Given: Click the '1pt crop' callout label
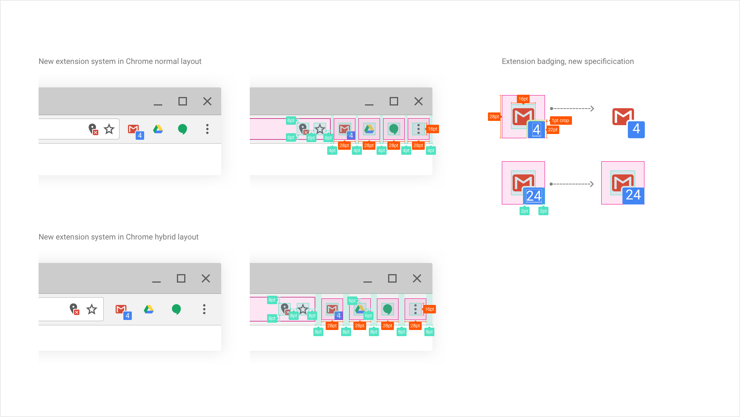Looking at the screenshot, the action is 560,121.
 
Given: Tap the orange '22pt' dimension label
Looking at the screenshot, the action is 553,130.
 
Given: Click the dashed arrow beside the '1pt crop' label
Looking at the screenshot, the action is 572,109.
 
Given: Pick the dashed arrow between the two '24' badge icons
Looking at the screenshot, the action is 572,184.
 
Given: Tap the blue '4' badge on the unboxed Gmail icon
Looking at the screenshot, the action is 636,129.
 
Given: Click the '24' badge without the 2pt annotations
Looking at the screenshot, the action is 633,195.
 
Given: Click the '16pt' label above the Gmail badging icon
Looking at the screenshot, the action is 523,99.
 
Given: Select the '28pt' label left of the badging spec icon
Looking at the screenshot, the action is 494,117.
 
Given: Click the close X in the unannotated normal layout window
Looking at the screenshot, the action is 207,101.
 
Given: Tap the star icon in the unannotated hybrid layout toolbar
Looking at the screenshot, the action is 92,309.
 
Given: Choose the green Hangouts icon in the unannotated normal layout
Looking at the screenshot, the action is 182,129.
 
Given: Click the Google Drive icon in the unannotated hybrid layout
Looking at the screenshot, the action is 149,309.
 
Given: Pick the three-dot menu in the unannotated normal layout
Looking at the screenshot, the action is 207,129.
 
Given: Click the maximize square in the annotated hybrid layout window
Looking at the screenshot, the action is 392,278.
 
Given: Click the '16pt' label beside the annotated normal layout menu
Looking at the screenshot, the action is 432,129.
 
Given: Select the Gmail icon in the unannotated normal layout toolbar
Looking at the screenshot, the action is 134,129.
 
